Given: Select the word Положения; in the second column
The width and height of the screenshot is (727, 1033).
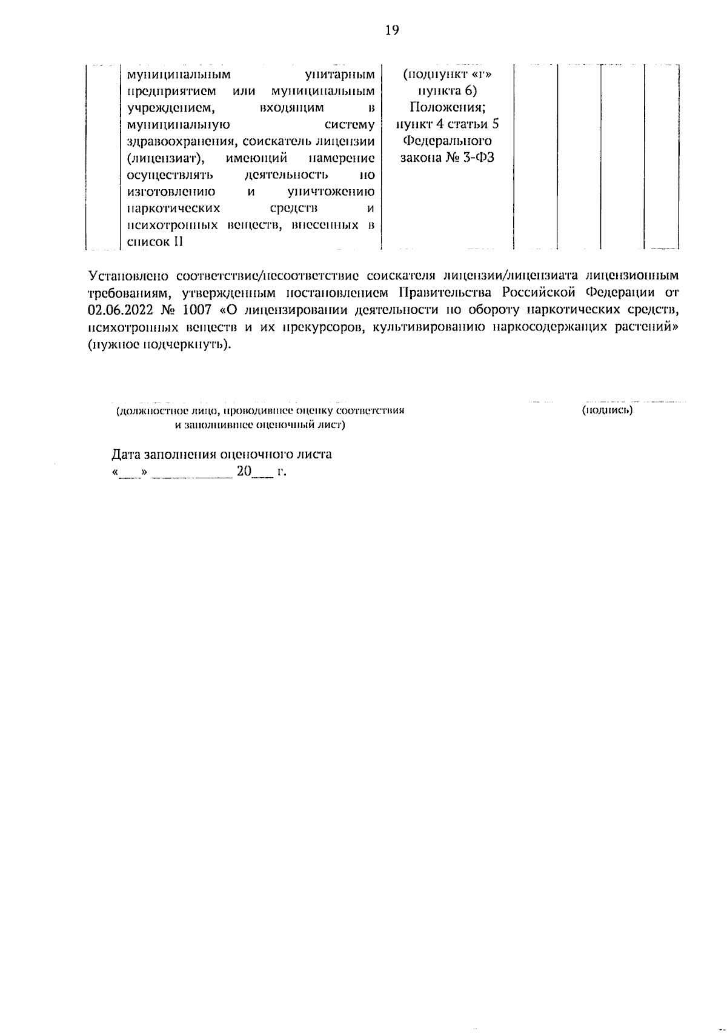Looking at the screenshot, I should click(x=446, y=108).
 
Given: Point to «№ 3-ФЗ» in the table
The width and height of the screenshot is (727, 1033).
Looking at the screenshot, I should click(x=470, y=158).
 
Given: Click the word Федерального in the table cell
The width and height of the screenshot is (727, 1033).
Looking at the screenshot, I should click(x=446, y=141).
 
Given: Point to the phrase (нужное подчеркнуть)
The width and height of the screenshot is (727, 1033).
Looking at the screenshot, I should click(x=159, y=344).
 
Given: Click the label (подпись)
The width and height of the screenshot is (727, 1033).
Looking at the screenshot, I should click(x=606, y=410).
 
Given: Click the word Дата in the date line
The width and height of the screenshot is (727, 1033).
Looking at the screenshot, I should click(x=125, y=454).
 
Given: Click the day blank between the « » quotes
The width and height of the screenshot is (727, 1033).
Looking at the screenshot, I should click(x=129, y=473).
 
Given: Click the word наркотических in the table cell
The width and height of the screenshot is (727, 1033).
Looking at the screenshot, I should click(x=173, y=209).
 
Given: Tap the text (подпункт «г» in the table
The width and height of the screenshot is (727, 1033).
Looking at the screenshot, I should click(x=446, y=75).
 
